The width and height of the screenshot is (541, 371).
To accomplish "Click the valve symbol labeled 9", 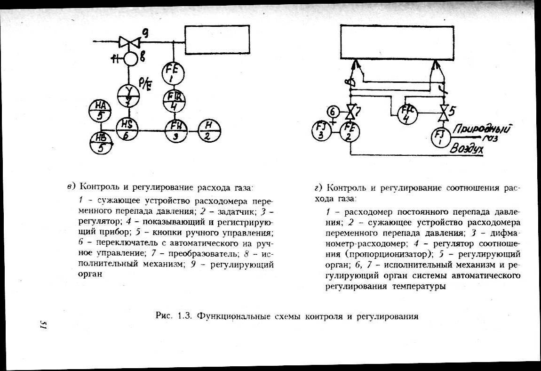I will pyautogui.click(x=129, y=42).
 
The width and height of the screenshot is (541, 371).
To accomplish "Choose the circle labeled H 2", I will pyautogui.click(x=209, y=129).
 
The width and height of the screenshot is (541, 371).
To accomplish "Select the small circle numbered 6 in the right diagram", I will pyautogui.click(x=333, y=112).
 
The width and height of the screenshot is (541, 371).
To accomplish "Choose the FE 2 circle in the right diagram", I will pyautogui.click(x=350, y=131).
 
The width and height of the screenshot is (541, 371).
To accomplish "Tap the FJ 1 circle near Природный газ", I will pyautogui.click(x=441, y=137).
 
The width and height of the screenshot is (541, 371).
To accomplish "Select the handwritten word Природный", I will pyautogui.click(x=483, y=128).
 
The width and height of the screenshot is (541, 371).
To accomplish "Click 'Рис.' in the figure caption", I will pyautogui.click(x=163, y=315).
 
